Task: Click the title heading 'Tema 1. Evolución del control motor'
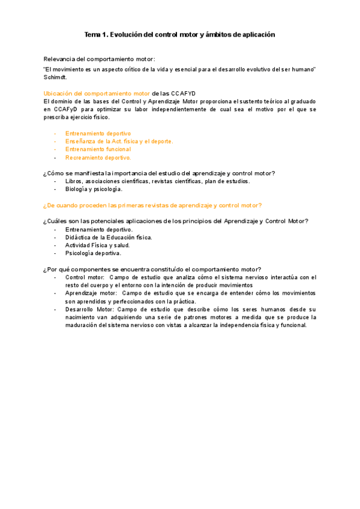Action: pyautogui.click(x=179, y=35)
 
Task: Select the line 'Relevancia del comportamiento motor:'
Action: pyautogui.click(x=99, y=59)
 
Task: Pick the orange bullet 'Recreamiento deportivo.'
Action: pyautogui.click(x=98, y=157)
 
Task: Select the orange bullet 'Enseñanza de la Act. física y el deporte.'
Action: pyautogui.click(x=119, y=141)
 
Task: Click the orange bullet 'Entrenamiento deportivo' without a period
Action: pyautogui.click(x=98, y=133)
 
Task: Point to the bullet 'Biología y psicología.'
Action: pyautogui.click(x=94, y=189)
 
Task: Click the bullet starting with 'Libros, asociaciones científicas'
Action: pyautogui.click(x=158, y=181)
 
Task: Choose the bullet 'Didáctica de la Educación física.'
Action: pyautogui.click(x=109, y=237)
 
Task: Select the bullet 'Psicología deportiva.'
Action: pyautogui.click(x=93, y=253)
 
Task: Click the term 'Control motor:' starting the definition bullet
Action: pyautogui.click(x=85, y=277)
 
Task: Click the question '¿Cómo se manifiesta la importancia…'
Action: pyautogui.click(x=159, y=173)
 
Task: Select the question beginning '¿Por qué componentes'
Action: pyautogui.click(x=156, y=269)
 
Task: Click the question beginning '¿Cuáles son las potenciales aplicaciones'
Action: pyautogui.click(x=176, y=221)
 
